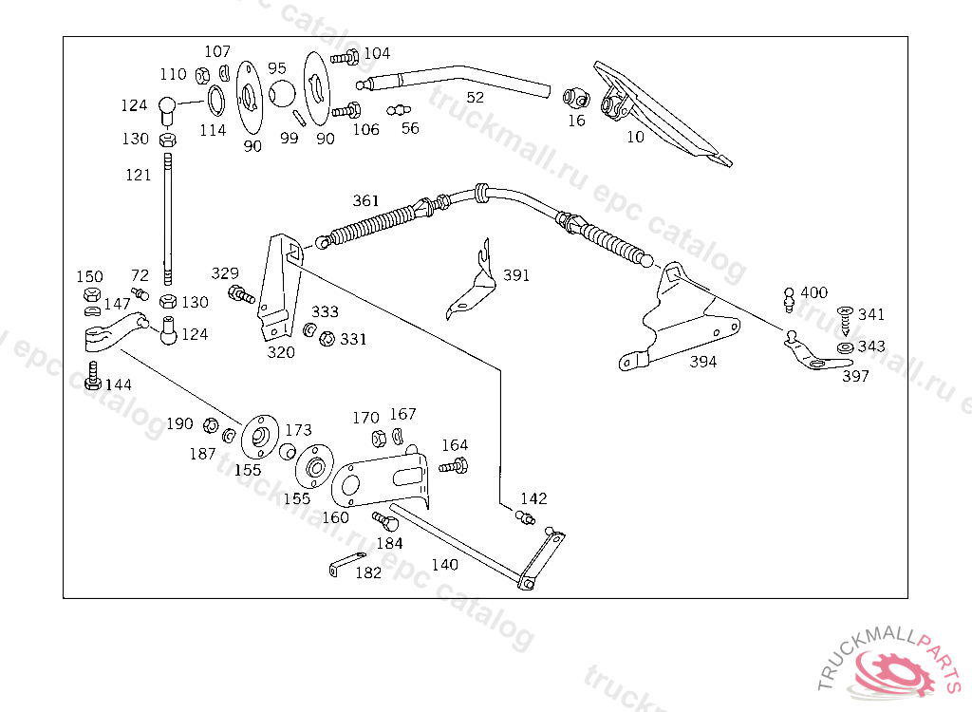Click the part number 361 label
tap(365, 200)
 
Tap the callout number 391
tap(515, 274)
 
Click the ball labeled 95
tap(282, 93)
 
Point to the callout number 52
tap(475, 98)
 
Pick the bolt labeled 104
tap(345, 58)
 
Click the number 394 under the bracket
tap(703, 362)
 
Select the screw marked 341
tap(845, 319)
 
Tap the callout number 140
tap(444, 565)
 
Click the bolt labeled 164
tap(453, 465)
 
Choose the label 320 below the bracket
tap(281, 352)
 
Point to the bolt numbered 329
tap(241, 294)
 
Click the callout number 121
tap(139, 175)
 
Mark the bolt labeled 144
tap(93, 376)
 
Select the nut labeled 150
tap(92, 294)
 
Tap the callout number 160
tap(335, 517)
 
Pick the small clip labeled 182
tap(347, 563)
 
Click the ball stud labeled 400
tap(789, 300)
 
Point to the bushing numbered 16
tap(576, 98)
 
